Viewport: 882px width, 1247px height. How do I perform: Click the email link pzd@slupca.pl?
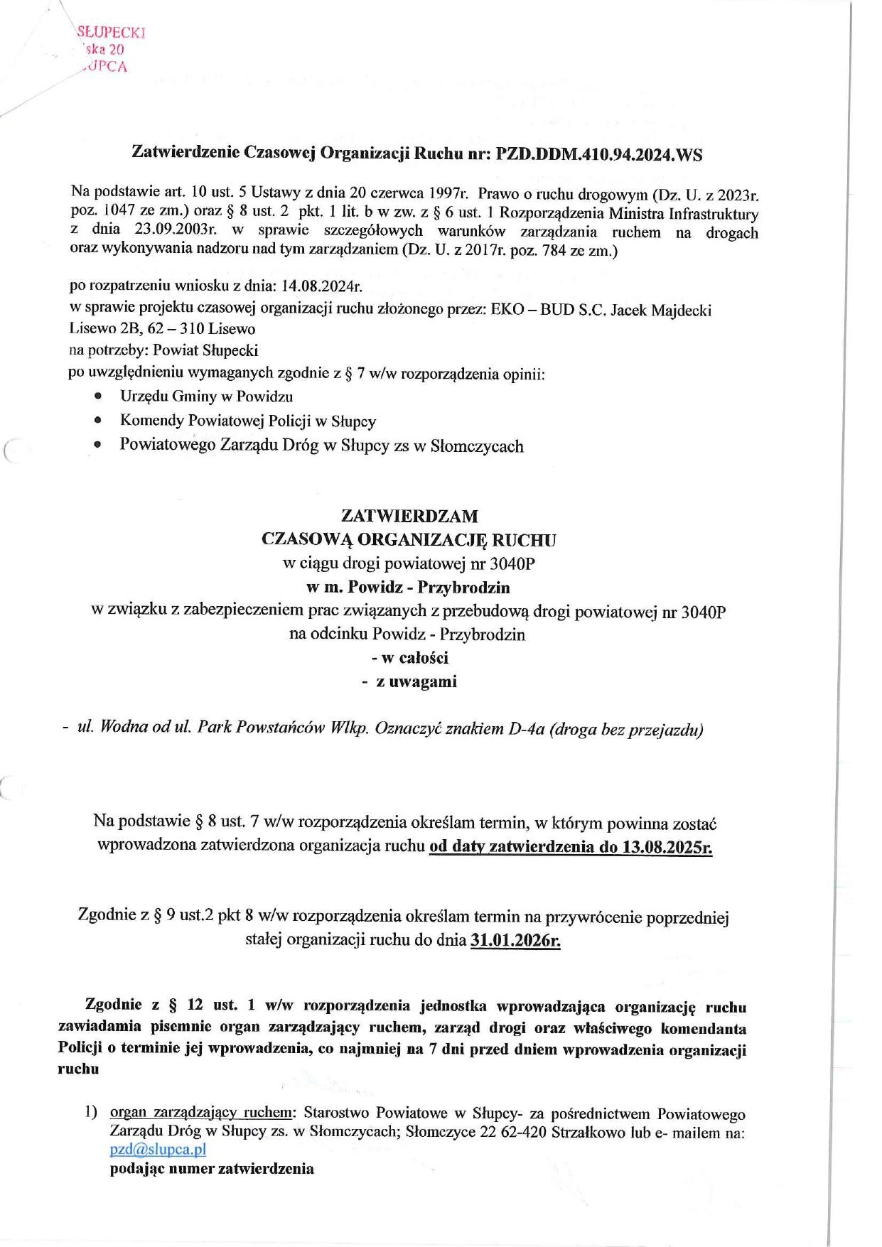(x=158, y=1149)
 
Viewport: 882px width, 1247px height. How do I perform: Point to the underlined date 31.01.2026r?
(x=515, y=940)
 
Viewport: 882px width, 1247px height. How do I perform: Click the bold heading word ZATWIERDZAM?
(x=409, y=515)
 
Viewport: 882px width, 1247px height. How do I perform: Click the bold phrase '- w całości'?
(x=409, y=658)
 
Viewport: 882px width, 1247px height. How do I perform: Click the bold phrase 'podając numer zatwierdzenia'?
(x=212, y=1169)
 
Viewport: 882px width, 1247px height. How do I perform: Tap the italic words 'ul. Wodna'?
(x=104, y=729)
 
